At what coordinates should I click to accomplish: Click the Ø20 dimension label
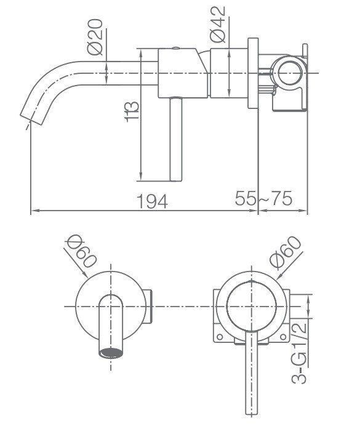95,36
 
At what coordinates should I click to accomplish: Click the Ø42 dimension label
217,24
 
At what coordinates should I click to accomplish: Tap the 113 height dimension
132,112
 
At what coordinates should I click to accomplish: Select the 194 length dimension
152,201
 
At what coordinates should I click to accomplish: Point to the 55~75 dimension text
263,198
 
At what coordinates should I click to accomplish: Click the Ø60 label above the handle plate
285,252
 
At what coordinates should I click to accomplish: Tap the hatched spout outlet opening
111,353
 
